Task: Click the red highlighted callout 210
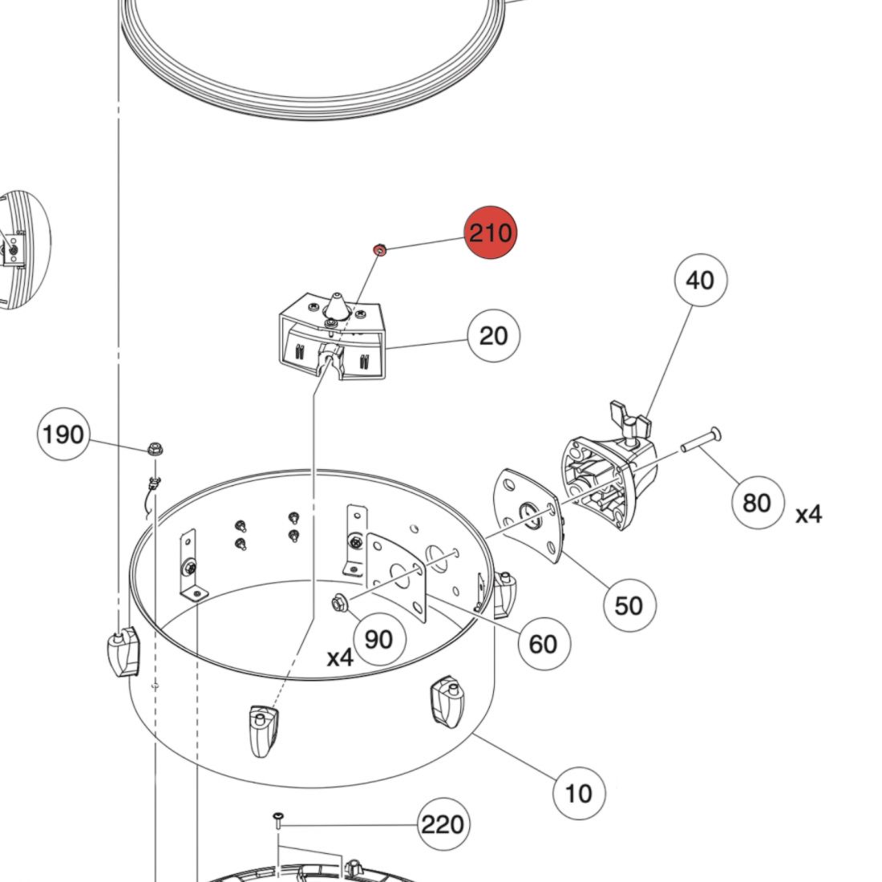pyautogui.click(x=490, y=233)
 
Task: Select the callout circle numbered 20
pyautogui.click(x=493, y=335)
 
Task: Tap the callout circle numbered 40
pyautogui.click(x=699, y=281)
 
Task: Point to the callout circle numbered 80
pyautogui.click(x=757, y=503)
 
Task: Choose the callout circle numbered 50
pyautogui.click(x=629, y=605)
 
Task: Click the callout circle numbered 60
pyautogui.click(x=544, y=643)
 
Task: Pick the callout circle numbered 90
pyautogui.click(x=378, y=639)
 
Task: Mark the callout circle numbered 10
pyautogui.click(x=578, y=793)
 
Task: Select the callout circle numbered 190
pyautogui.click(x=63, y=435)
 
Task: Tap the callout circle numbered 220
pyautogui.click(x=443, y=823)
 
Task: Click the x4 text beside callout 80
pyautogui.click(x=808, y=514)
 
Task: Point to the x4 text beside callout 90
pyautogui.click(x=340, y=657)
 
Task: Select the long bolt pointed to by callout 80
pyautogui.click(x=701, y=439)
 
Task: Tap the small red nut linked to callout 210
pyautogui.click(x=380, y=250)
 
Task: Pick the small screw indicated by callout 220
pyautogui.click(x=277, y=819)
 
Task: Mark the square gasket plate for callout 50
pyautogui.click(x=528, y=515)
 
